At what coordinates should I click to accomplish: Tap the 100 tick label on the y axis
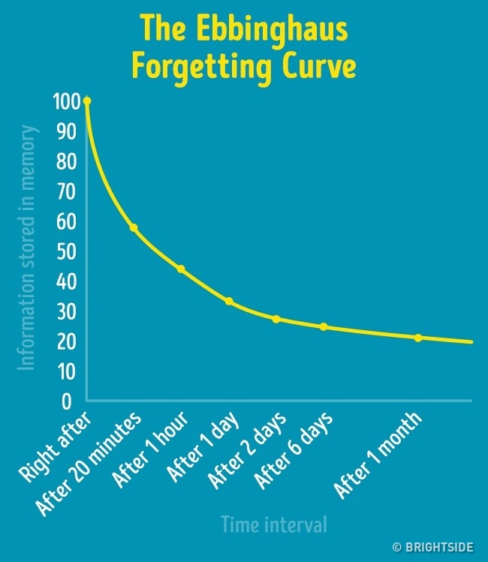tap(65, 101)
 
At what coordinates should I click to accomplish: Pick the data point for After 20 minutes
tap(134, 227)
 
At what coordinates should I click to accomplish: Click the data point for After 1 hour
tap(181, 269)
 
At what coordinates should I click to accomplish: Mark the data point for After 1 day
tap(229, 302)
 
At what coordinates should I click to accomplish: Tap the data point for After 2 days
tap(276, 319)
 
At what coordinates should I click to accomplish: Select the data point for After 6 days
tap(324, 326)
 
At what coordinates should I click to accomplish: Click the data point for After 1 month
tap(418, 338)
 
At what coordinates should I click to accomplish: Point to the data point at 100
tap(87, 101)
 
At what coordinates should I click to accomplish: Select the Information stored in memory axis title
tap(28, 248)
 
